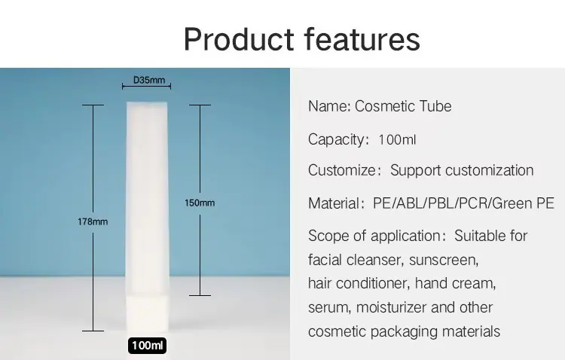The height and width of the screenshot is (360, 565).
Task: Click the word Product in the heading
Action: [239, 39]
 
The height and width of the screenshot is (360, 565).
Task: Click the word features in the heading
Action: [362, 39]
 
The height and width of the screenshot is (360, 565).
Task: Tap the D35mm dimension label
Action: [149, 80]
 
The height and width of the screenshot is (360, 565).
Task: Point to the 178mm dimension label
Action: [93, 221]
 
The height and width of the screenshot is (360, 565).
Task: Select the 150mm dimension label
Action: [200, 203]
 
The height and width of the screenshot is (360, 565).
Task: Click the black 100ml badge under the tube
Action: [147, 346]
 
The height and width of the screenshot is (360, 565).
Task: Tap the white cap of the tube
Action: [147, 314]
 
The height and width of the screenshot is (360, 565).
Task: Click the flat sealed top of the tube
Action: [147, 103]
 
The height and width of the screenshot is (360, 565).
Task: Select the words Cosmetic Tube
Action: [403, 106]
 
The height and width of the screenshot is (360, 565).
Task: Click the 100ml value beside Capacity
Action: [397, 139]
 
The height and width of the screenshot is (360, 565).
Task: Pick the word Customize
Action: [342, 170]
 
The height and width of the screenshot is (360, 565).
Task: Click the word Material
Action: [334, 203]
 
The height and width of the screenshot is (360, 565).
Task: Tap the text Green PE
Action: [523, 203]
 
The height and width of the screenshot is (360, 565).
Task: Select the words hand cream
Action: [456, 283]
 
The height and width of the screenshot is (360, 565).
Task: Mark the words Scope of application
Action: [374, 236]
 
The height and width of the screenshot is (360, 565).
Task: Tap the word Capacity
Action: [336, 139]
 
